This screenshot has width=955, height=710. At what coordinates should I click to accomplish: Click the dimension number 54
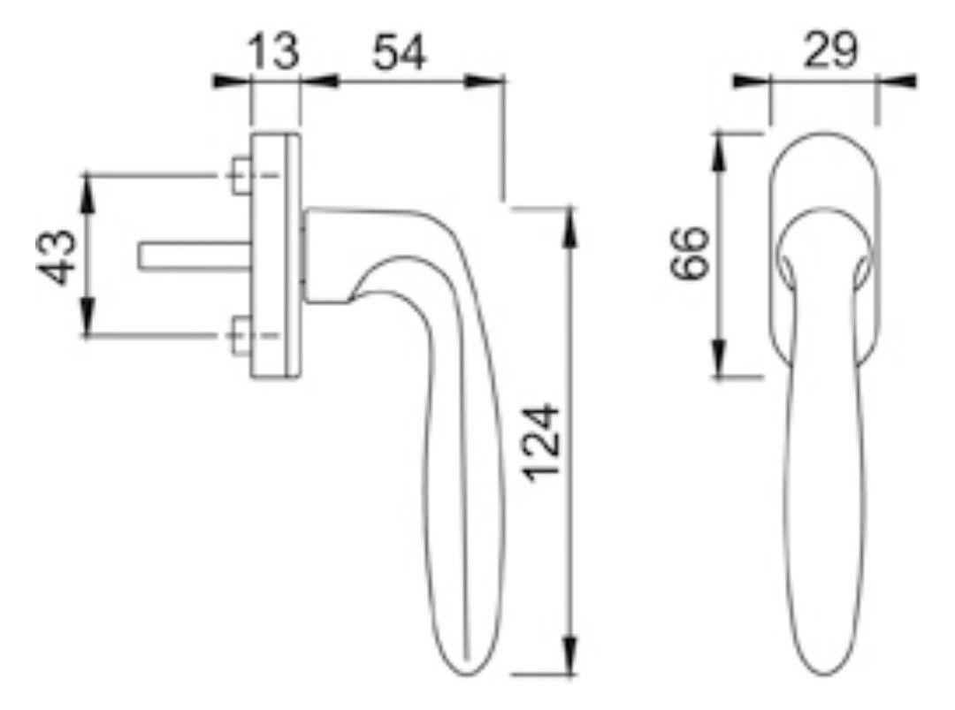click(400, 52)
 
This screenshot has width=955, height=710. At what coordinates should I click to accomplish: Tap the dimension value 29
click(830, 50)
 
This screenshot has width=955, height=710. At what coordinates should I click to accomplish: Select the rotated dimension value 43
click(58, 256)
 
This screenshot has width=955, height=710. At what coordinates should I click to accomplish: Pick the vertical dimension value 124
click(542, 443)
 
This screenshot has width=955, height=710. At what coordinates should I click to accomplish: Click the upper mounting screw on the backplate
click(242, 175)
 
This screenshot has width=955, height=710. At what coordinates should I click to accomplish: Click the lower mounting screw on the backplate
click(242, 335)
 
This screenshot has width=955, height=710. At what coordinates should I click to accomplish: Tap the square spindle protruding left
click(195, 256)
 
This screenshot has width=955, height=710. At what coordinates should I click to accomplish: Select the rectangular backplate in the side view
click(275, 256)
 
